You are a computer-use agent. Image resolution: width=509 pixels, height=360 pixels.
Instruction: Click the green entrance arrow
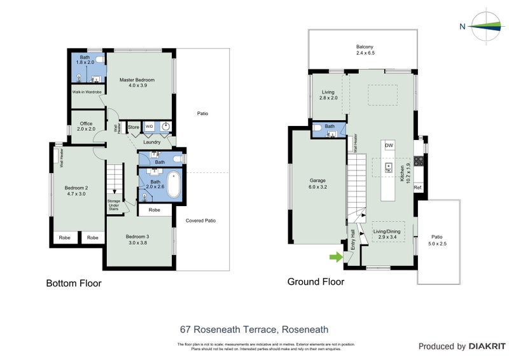335,257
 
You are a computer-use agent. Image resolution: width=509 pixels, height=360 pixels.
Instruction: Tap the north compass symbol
485,26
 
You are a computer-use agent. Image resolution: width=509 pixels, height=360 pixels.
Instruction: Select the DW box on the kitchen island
389,146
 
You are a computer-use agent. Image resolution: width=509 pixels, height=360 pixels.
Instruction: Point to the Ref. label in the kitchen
418,188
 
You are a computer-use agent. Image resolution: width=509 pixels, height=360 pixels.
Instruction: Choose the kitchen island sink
388,168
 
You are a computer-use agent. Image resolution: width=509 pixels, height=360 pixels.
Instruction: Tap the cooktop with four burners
418,167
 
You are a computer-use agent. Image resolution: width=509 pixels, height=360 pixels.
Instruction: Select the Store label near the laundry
134,127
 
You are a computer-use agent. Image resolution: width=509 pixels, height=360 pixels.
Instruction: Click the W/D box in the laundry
150,127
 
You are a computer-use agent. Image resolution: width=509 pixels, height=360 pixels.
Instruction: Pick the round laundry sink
165,127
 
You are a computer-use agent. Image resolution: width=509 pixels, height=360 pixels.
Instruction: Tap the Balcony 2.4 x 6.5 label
365,50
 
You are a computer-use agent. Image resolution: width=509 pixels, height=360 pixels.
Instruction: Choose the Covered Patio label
200,221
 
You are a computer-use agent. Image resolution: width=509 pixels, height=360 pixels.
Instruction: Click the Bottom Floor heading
73,283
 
